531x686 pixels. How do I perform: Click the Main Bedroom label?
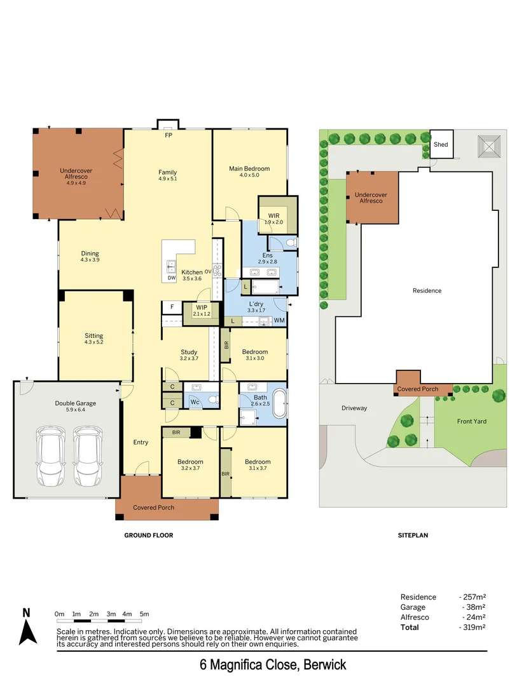(249, 168)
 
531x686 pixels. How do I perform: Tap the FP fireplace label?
(169, 135)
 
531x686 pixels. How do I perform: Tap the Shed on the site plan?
(441, 144)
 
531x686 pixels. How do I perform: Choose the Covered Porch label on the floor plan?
(153, 508)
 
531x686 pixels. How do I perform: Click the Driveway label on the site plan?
(354, 408)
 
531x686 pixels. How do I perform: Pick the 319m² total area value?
(472, 628)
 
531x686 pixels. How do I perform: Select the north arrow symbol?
(27, 628)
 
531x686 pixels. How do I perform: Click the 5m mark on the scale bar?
(144, 614)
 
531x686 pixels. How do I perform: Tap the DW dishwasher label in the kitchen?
(171, 278)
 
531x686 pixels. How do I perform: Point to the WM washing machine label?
(279, 321)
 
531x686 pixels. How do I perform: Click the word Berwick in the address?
(325, 665)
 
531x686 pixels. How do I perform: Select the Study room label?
(189, 352)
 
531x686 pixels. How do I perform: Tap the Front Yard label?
(471, 421)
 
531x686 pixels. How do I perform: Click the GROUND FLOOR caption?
(148, 535)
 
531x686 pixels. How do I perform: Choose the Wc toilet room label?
(195, 402)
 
